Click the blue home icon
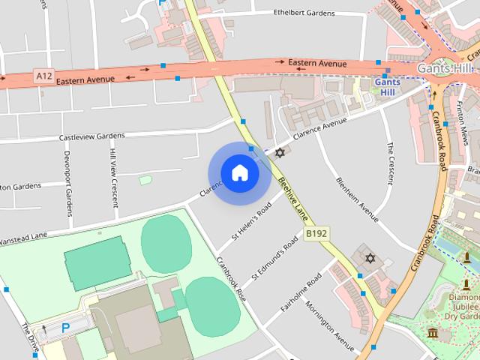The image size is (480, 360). pyautogui.click(x=239, y=173)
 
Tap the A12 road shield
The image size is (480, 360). pyautogui.click(x=43, y=76)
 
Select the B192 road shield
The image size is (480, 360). pyautogui.click(x=316, y=235)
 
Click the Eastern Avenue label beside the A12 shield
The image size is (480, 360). pyautogui.click(x=85, y=79)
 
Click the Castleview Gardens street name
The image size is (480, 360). pyautogui.click(x=91, y=137)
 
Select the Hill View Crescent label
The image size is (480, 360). pyautogui.click(x=113, y=172)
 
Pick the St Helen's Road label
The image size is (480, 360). pyautogui.click(x=252, y=224)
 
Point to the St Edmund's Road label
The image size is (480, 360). pyautogui.click(x=274, y=259)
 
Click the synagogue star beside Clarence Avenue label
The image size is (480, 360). pyautogui.click(x=280, y=152)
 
